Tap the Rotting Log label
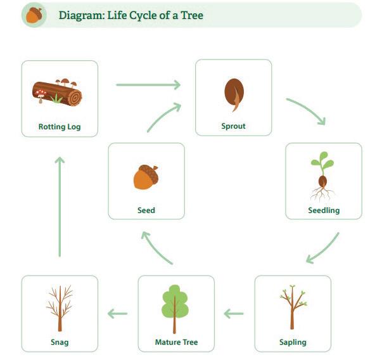(x=60, y=126)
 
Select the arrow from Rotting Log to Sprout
(x=148, y=84)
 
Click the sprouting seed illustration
(x=232, y=94)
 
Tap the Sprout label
(x=233, y=126)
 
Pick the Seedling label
(x=324, y=210)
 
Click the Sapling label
(x=293, y=342)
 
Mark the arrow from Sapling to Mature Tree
(x=234, y=312)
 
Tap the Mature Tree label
(x=176, y=342)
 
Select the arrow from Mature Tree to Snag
(x=118, y=312)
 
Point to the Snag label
(x=60, y=342)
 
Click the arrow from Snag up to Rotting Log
(x=60, y=206)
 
